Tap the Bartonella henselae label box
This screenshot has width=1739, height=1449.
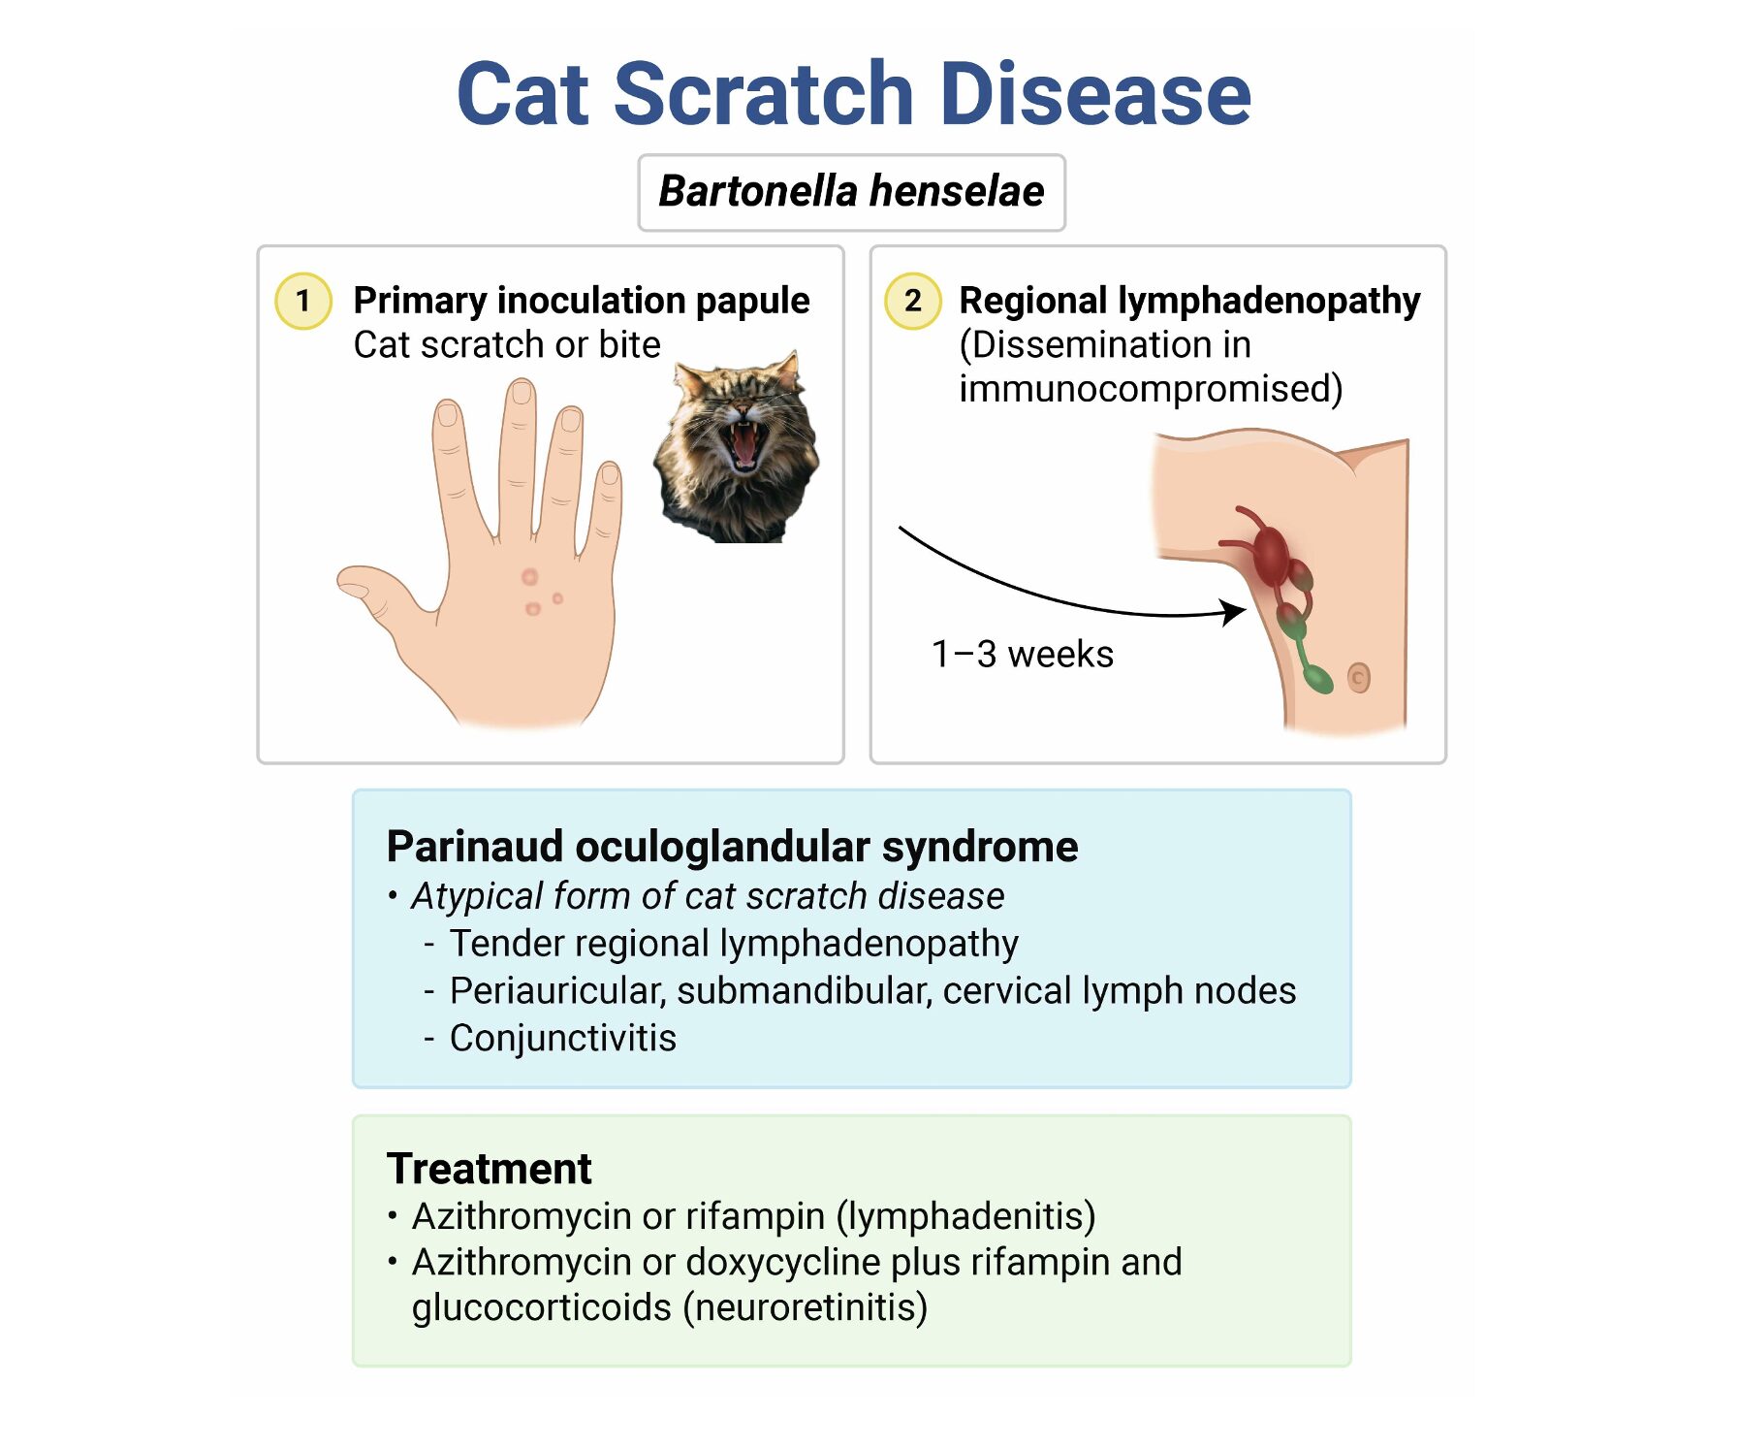coord(851,192)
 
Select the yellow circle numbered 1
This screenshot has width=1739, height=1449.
coord(303,302)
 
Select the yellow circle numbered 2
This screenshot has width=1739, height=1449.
coord(912,302)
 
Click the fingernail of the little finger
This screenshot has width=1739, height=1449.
coord(610,474)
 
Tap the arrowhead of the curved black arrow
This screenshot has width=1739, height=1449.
coord(1235,611)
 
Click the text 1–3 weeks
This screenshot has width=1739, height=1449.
coord(1022,655)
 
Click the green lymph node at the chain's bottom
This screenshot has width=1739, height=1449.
coord(1317,677)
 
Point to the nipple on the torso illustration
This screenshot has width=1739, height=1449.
coord(1359,677)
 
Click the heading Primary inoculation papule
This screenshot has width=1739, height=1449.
coord(581,301)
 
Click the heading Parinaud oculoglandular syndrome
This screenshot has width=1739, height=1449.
coord(732,847)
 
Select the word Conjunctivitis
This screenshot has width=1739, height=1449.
coord(563,1039)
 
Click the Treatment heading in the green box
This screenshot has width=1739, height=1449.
coord(489,1169)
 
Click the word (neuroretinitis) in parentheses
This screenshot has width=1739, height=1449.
coord(806,1308)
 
